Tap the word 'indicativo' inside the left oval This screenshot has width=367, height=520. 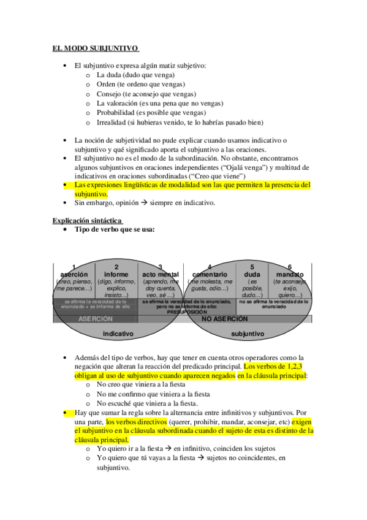[x=118, y=334]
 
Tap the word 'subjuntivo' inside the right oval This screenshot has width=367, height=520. [x=248, y=334]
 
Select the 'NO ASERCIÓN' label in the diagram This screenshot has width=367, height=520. [x=225, y=319]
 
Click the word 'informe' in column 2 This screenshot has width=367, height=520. [x=116, y=274]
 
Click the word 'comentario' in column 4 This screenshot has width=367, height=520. [x=210, y=274]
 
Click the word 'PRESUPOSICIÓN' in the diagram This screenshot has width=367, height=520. [x=187, y=311]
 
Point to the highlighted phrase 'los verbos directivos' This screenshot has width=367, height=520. [x=138, y=422]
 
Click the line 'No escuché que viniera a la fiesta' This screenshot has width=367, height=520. [x=147, y=403]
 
